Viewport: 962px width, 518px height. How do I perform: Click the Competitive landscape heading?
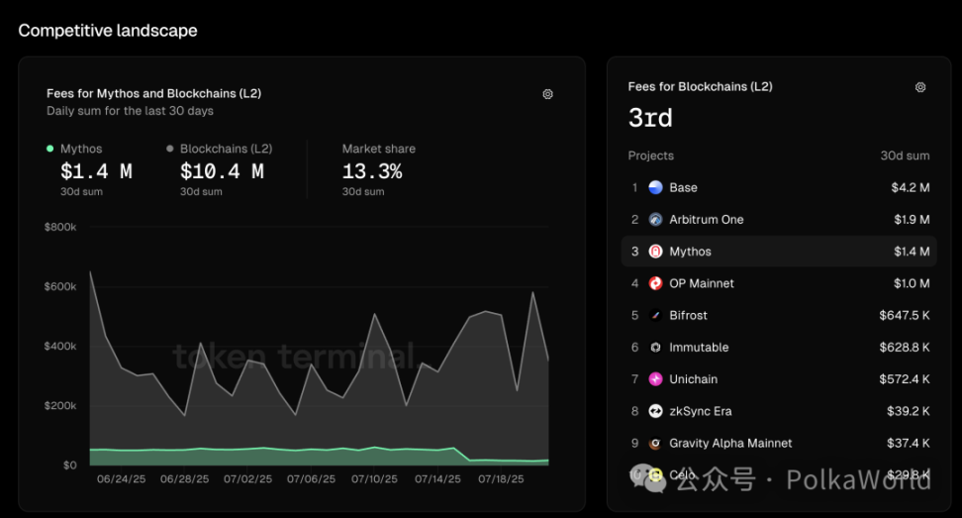coord(108,31)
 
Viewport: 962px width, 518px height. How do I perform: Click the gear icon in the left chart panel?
coord(548,94)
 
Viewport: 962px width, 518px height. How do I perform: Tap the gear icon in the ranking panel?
coord(920,87)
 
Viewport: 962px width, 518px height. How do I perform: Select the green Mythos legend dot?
coord(50,149)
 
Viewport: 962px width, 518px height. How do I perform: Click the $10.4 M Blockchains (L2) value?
coord(222,171)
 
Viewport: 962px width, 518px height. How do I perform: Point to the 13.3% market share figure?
coord(372,171)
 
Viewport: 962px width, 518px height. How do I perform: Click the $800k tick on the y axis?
coord(60,227)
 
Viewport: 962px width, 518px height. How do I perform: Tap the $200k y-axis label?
coord(60,406)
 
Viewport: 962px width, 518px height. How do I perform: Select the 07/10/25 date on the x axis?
coord(374,479)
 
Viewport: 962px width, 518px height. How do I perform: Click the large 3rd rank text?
coord(650,119)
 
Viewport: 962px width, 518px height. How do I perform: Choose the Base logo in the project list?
coord(655,187)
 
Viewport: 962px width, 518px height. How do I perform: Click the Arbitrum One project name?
coord(706,220)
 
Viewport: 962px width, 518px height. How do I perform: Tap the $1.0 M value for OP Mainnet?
coord(911,283)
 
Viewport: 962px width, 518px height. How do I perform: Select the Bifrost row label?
coord(688,316)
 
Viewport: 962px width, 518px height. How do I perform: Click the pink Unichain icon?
coord(655,379)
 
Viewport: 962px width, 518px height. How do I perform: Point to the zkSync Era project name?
coord(700,411)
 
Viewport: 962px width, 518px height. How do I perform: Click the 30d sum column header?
coord(906,155)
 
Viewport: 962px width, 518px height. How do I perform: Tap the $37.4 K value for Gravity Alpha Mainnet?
coord(908,444)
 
